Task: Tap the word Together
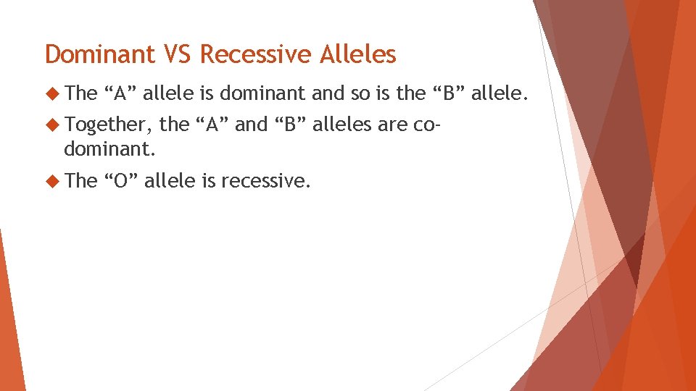105,125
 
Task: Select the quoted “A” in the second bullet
212,125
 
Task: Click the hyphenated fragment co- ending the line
425,125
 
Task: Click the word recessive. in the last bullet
266,180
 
